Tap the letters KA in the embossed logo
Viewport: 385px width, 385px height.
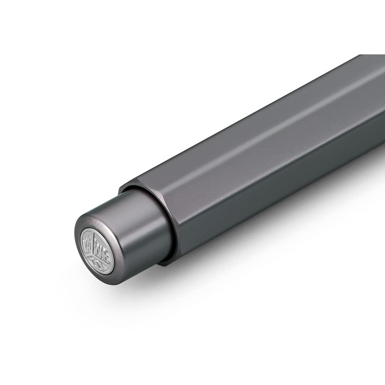pos(87,244)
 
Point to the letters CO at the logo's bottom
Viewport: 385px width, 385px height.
pos(96,262)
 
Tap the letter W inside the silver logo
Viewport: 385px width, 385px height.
pos(98,246)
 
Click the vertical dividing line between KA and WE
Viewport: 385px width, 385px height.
pos(93,242)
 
